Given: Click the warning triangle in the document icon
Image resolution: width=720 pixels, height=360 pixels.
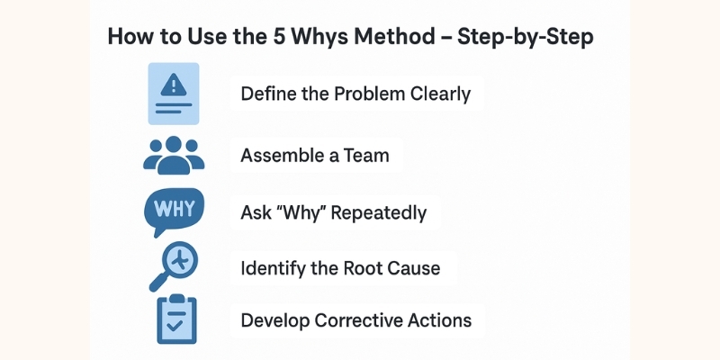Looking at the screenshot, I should pos(173,85).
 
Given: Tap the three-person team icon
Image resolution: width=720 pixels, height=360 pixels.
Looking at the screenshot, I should pos(174,155).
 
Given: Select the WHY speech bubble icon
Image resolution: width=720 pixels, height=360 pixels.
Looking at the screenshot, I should pos(174,211).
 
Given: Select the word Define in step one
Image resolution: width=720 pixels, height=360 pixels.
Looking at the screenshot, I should pos(267,93).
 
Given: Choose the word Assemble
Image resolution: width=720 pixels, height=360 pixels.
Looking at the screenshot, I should pos(278,155).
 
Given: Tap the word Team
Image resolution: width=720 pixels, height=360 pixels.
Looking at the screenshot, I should pos(365,155).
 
